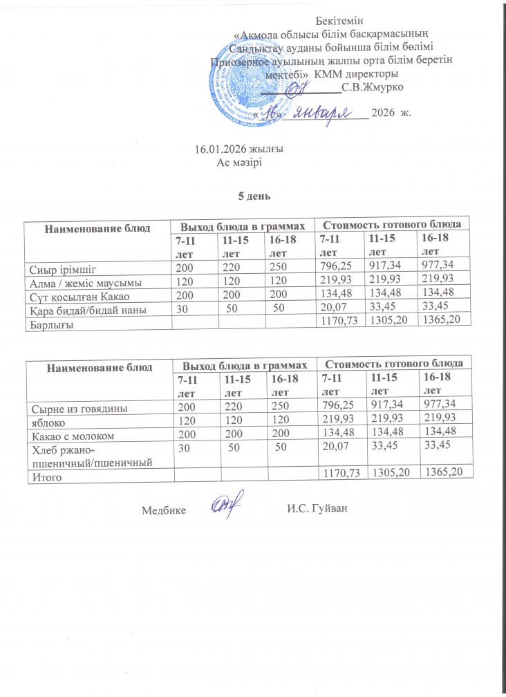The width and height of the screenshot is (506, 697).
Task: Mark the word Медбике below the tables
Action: pos(163,510)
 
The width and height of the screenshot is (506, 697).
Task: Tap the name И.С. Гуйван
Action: pos(315,510)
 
